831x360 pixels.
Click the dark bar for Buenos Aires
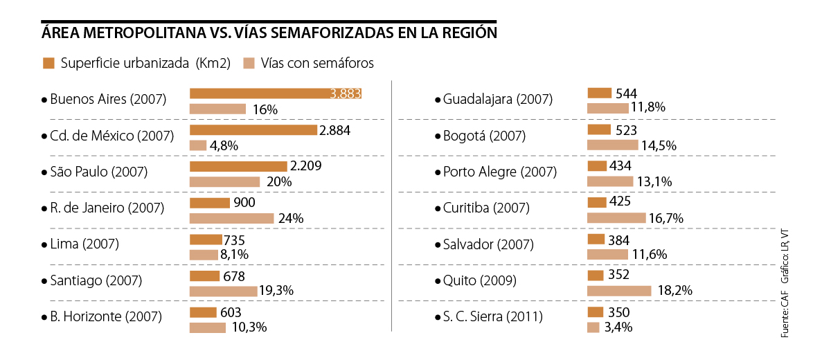pos(276,93)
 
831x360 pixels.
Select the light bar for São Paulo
pos(224,182)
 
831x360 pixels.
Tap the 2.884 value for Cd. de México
pos(336,130)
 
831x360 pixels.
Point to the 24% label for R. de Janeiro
pos(291,218)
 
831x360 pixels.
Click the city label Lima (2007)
pos(84,244)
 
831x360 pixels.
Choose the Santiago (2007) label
pos(96,280)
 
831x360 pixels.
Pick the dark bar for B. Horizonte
pos(203,312)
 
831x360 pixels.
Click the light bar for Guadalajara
pos(607,107)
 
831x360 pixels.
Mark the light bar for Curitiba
pos(616,218)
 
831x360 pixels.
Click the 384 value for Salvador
pos(618,240)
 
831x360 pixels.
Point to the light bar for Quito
pos(619,291)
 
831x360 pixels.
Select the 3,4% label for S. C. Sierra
pos(618,327)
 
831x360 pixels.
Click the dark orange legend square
pos(48,63)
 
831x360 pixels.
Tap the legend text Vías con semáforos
pos(318,63)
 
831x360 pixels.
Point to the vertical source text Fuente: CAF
pos(785,315)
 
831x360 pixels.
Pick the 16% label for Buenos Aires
pos(265,109)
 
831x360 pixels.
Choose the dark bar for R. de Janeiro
pos(210,203)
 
